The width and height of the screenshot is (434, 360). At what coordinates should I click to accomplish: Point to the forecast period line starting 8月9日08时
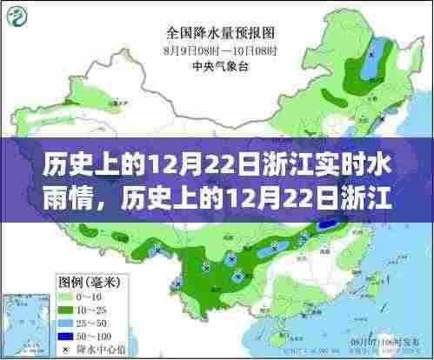[x=216, y=51]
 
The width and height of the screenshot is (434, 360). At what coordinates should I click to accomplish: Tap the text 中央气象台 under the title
[x=216, y=64]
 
